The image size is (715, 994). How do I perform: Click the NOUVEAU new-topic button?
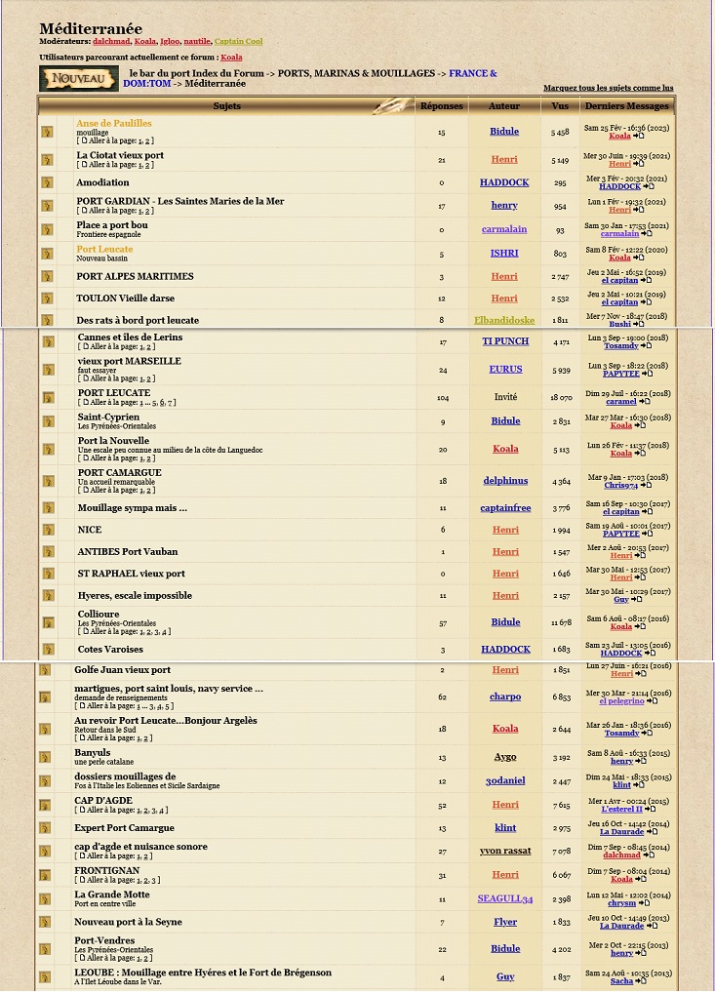tap(79, 78)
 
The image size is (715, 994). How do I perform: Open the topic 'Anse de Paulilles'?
tap(114, 124)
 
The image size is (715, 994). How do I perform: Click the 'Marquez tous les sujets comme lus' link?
tap(608, 88)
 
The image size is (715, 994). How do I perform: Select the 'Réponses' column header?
tap(441, 105)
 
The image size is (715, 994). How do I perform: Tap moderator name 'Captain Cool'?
tap(238, 42)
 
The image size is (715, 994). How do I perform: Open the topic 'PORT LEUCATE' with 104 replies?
tap(114, 393)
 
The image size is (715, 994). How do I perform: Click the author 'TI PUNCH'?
tap(505, 341)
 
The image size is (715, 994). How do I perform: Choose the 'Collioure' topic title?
tap(99, 615)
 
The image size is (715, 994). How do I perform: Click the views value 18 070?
tap(561, 398)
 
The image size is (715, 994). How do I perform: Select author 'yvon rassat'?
tap(505, 851)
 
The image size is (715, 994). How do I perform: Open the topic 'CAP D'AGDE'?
tap(103, 801)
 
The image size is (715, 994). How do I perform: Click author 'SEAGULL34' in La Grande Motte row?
tap(505, 898)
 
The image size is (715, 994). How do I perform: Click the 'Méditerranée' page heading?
tap(91, 29)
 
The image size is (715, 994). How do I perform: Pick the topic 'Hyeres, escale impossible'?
tap(135, 595)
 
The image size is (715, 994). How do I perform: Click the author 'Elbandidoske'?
tap(504, 320)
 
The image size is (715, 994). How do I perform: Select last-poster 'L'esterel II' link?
tap(620, 809)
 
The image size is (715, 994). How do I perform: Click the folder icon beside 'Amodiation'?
tap(47, 182)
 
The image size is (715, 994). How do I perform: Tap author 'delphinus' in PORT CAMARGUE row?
tap(505, 481)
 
